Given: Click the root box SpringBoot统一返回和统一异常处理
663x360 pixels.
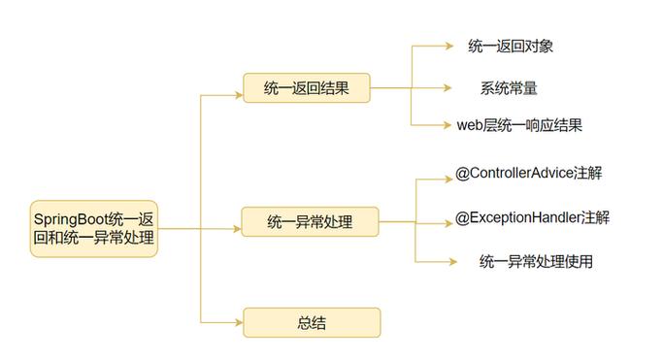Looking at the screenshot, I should click(x=93, y=229).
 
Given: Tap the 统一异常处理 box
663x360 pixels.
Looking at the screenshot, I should click(x=310, y=223).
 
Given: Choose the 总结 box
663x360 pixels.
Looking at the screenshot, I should click(x=311, y=322).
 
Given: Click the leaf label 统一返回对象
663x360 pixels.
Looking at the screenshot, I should click(x=511, y=46).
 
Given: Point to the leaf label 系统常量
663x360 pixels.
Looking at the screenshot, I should click(x=509, y=87).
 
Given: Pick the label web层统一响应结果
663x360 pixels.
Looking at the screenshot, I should click(x=519, y=125).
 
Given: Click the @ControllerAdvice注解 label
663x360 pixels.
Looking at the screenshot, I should click(x=528, y=174).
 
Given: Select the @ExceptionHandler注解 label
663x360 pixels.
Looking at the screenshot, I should click(x=532, y=217).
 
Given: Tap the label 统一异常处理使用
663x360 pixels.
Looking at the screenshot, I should click(x=536, y=261).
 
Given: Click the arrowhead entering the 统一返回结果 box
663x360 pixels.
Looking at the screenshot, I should click(x=237, y=95).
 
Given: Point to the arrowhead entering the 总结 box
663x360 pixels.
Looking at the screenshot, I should click(x=237, y=322).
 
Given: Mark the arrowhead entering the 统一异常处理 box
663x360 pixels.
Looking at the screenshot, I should click(x=237, y=229).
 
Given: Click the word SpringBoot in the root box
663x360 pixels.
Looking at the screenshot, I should click(x=71, y=219).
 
